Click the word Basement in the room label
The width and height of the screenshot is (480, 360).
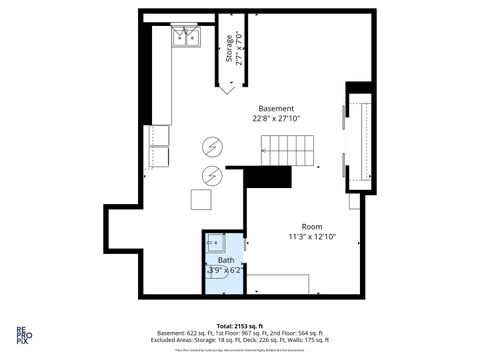point(276,108)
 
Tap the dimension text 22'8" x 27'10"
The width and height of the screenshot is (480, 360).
point(276,119)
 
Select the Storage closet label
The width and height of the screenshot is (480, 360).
point(229,50)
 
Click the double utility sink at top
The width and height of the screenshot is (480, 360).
point(185,38)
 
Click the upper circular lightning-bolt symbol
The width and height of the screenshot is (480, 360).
point(212,147)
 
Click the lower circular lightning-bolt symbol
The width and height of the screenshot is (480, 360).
point(212,177)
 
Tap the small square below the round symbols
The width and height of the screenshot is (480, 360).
point(202,200)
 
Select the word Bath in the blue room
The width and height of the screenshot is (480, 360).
point(226,260)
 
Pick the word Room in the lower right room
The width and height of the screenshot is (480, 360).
point(312,226)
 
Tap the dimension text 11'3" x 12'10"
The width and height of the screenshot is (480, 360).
point(312,237)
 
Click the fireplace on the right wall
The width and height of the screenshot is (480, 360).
point(358,141)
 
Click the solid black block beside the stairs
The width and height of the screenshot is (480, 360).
point(267,178)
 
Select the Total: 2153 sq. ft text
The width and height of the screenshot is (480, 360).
point(241,325)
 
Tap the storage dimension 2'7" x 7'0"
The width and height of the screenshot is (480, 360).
point(240,50)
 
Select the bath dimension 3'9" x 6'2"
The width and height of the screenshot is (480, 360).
point(225,270)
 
